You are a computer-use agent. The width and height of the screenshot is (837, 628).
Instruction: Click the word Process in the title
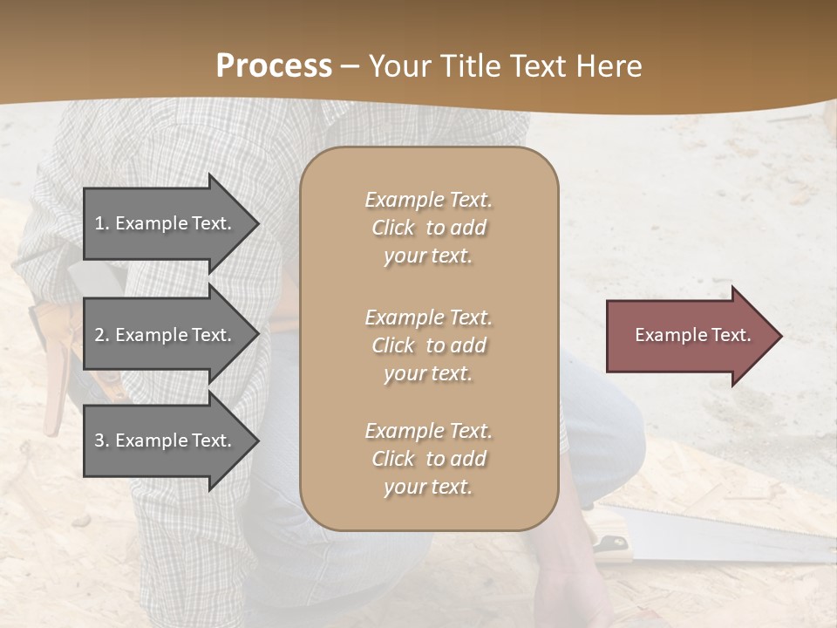[x=274, y=66]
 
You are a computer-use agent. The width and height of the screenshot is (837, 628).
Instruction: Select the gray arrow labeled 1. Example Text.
[x=166, y=223]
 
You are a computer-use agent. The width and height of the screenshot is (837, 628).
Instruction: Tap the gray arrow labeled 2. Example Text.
[x=166, y=335]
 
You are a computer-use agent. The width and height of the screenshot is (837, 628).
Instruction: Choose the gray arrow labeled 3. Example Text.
[x=166, y=440]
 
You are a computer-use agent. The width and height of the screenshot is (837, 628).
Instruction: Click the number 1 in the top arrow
[x=99, y=223]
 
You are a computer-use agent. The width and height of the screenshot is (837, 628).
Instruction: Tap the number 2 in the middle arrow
[x=99, y=335]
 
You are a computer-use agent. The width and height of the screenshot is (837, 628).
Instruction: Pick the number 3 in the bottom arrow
[x=99, y=440]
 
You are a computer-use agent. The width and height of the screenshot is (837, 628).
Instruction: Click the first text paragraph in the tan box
[x=429, y=228]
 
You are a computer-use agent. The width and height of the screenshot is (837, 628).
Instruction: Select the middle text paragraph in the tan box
[x=429, y=345]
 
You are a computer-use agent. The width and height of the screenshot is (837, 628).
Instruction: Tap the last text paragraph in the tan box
[x=429, y=459]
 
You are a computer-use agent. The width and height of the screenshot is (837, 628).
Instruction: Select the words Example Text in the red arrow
[x=692, y=335]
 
